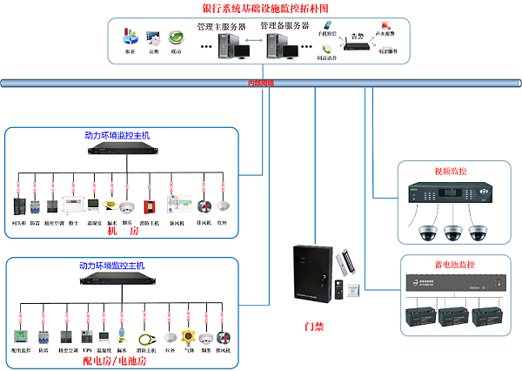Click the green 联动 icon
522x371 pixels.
point(177,38)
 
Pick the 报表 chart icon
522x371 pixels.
point(130,37)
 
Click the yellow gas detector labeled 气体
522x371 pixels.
point(186,336)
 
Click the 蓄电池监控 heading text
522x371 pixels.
point(447,264)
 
